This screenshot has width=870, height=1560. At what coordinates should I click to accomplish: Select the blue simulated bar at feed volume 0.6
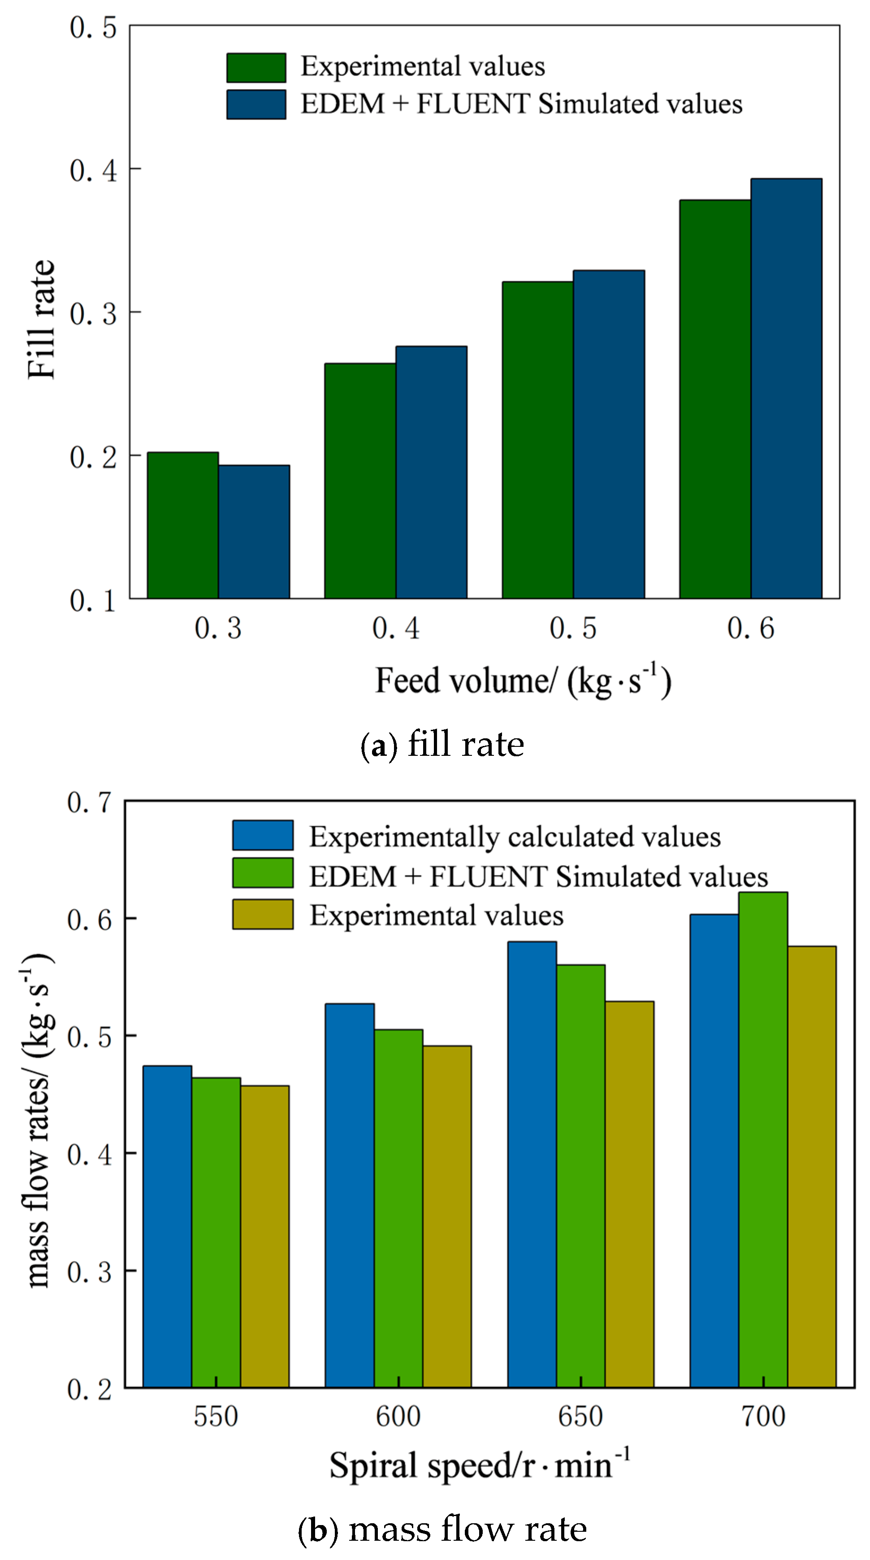click(x=786, y=388)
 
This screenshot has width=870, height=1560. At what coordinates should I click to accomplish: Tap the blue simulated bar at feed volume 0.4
click(x=431, y=472)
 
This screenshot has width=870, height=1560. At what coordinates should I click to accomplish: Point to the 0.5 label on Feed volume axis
click(x=572, y=628)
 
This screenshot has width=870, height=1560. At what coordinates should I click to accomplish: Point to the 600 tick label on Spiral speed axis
click(x=398, y=1417)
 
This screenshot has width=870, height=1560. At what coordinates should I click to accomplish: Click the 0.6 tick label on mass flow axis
click(x=90, y=919)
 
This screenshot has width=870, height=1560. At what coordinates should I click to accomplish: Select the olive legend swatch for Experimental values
click(x=262, y=914)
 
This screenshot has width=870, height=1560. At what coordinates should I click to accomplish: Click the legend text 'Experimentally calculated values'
click(x=515, y=837)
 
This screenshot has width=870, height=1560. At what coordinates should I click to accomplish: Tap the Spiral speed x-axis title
click(x=479, y=1466)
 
